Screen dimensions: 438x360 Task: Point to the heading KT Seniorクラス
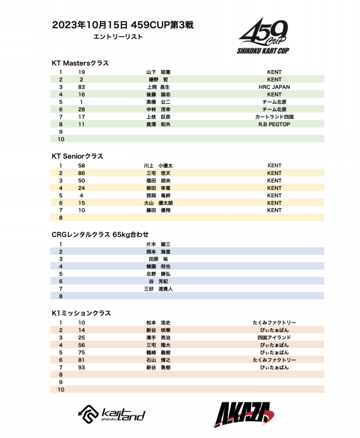pyautogui.click(x=78, y=156)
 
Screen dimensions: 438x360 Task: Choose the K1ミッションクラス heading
pyautogui.click(x=82, y=313)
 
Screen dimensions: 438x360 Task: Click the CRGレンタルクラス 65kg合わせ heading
pyautogui.click(x=100, y=234)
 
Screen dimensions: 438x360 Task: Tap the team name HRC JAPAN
pyautogui.click(x=274, y=87)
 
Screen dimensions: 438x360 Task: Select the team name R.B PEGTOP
pyautogui.click(x=274, y=124)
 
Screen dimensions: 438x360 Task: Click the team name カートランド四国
pyautogui.click(x=274, y=117)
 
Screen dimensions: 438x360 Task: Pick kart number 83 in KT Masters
pyautogui.click(x=81, y=87)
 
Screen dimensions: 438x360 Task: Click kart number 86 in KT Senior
pyautogui.click(x=81, y=173)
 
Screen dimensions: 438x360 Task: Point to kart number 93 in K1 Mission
pyautogui.click(x=82, y=367)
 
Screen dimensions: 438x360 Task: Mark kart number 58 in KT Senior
pyautogui.click(x=81, y=165)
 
